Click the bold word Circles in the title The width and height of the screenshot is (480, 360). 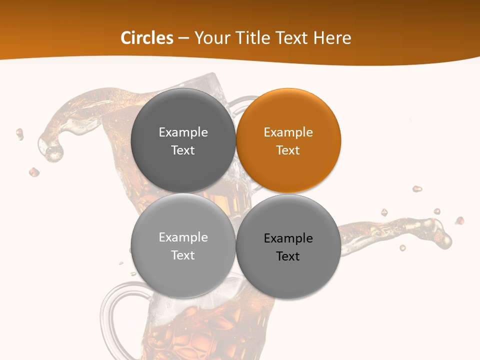(x=147, y=38)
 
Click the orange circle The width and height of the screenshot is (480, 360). (x=288, y=140)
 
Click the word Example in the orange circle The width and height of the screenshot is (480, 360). (x=288, y=132)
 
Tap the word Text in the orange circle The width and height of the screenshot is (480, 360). (x=288, y=150)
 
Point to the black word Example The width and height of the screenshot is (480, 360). (x=288, y=238)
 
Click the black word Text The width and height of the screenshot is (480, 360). (x=288, y=256)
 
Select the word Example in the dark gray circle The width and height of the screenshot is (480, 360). (x=183, y=132)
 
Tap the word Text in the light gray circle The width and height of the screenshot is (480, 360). (x=183, y=255)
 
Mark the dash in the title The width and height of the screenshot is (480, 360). (x=183, y=38)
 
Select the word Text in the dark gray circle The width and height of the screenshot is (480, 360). (x=183, y=150)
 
